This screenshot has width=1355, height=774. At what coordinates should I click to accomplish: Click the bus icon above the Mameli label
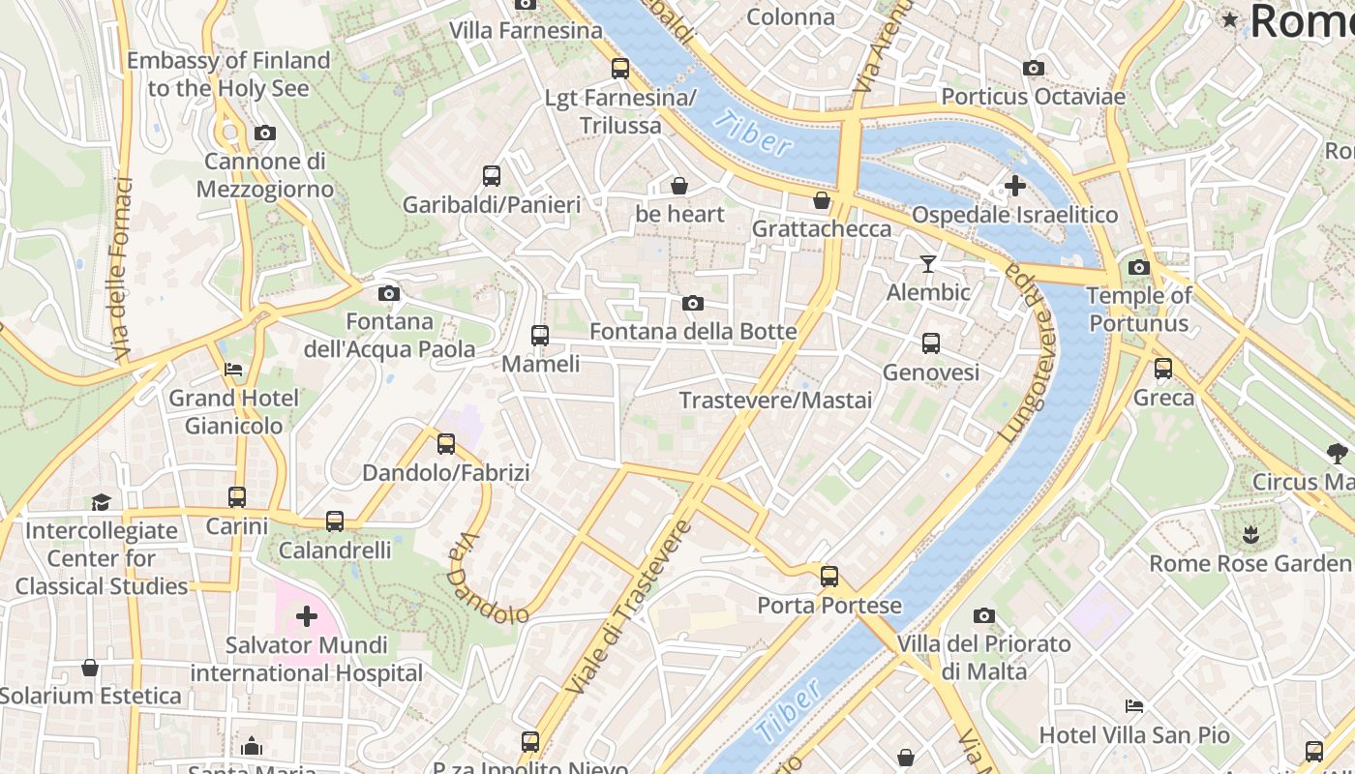coord(540,336)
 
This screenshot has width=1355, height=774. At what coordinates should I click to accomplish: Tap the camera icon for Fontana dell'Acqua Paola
coord(389,293)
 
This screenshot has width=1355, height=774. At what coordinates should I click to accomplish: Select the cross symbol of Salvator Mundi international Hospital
coord(307,616)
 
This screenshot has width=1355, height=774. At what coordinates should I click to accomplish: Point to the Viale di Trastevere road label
coord(630,608)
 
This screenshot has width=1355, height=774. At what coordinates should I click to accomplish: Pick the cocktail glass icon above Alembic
coord(928,264)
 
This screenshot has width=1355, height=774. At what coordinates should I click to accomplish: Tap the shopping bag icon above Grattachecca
coord(822,200)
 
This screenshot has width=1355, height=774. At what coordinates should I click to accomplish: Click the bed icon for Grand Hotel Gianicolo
coord(233,370)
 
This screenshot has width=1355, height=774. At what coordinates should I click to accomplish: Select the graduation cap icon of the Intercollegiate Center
coord(102,501)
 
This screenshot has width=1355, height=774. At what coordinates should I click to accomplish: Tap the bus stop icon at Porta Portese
coord(829,577)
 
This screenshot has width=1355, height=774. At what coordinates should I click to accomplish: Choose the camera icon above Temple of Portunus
coord(1139,267)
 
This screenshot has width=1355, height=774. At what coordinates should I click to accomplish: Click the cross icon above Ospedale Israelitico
coord(1015,185)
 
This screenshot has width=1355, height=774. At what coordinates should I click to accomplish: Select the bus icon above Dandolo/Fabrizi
coord(446,444)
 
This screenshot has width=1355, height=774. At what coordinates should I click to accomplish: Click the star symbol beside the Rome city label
coord(1230,19)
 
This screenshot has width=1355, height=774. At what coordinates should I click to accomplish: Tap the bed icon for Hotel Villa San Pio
coord(1134,706)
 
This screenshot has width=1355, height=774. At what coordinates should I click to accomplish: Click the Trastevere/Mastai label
coord(775,401)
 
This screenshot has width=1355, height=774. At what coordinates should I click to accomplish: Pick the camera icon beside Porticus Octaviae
coord(1034,68)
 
